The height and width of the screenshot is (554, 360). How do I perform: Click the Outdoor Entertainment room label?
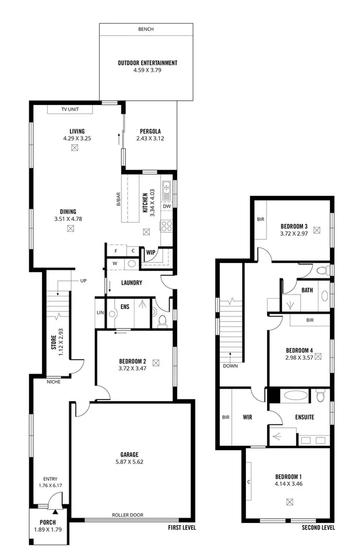click(147, 63)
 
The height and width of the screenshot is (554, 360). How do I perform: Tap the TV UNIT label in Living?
click(74, 109)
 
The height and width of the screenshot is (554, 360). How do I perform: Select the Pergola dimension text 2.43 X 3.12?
click(149, 139)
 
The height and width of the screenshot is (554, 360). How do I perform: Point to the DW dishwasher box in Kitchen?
click(166, 206)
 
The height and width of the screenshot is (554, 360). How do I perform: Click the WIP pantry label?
click(151, 252)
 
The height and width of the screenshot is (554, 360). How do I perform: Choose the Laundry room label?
click(132, 282)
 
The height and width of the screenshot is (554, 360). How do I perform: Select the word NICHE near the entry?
click(55, 381)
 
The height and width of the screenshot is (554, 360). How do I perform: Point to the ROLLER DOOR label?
click(129, 515)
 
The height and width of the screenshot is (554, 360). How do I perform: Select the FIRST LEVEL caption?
click(182, 527)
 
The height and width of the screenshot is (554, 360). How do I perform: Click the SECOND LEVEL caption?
click(318, 527)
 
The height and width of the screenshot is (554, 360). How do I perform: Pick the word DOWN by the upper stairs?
click(230, 365)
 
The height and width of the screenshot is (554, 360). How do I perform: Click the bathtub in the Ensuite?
click(295, 397)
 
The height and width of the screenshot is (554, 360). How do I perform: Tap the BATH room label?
click(307, 290)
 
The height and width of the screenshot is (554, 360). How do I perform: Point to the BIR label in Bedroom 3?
click(260, 220)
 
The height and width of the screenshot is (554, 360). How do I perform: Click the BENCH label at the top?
click(146, 29)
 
